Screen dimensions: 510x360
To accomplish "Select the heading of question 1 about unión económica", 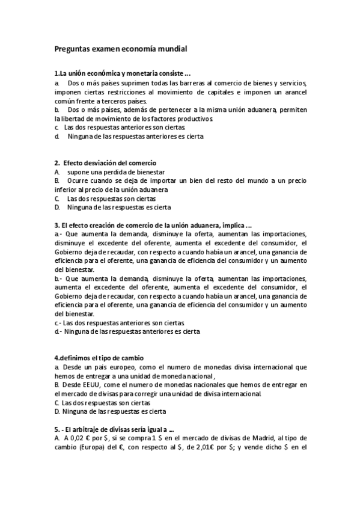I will (123, 73).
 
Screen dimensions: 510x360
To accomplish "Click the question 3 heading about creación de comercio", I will (153, 225).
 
